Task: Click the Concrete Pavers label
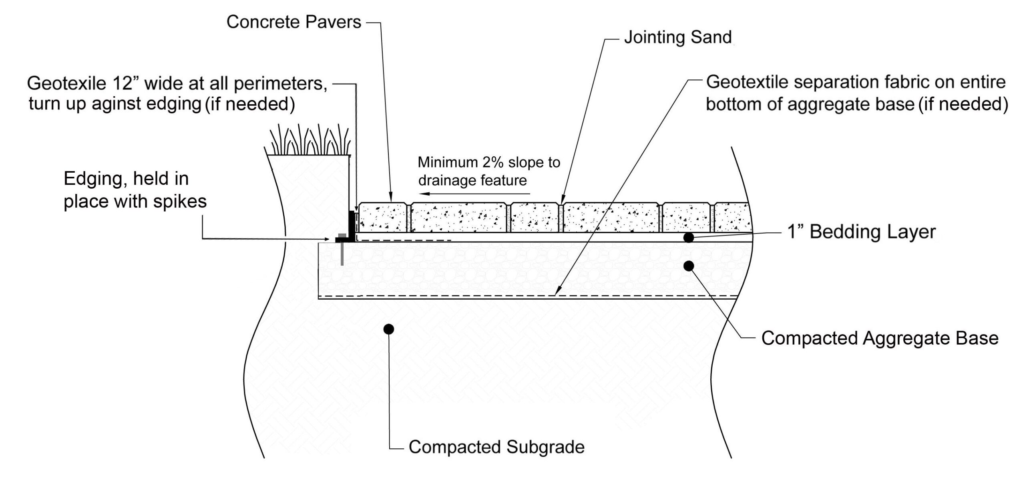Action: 293,22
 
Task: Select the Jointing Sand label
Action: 677,37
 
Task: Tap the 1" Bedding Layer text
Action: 861,232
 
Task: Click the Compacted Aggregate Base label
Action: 880,338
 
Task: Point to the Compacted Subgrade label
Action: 496,447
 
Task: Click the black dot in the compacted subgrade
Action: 388,329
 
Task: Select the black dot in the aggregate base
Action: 688,266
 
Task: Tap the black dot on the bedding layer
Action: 688,238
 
